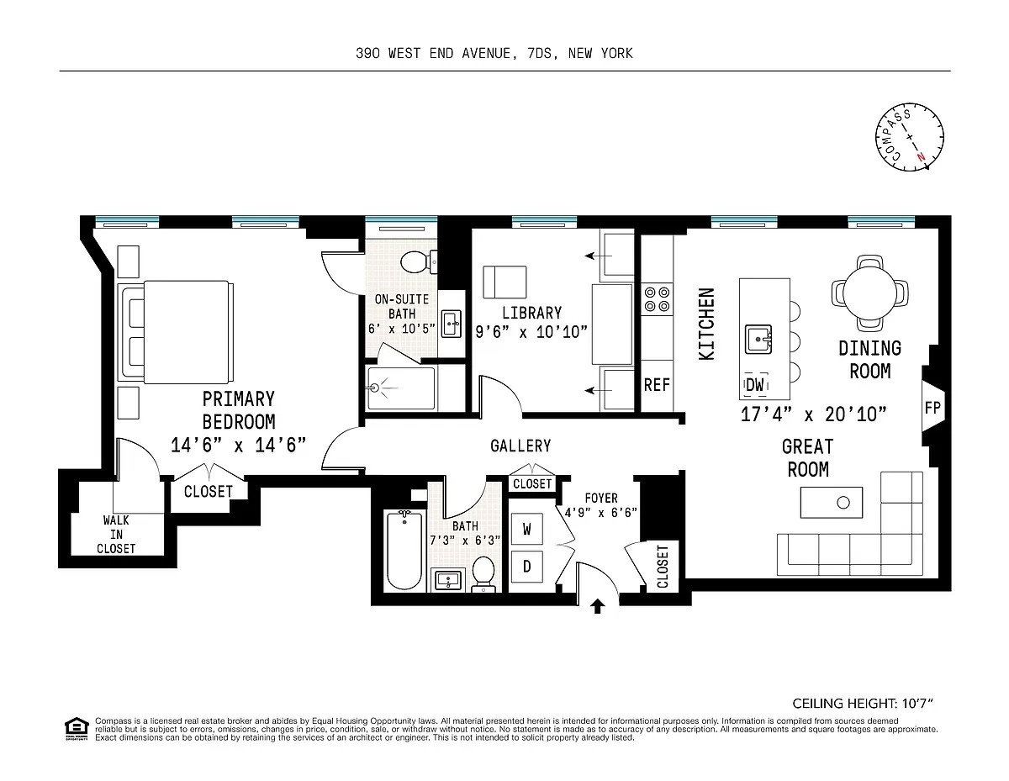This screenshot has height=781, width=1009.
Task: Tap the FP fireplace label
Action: point(932,408)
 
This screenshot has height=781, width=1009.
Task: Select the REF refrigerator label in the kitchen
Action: point(657,385)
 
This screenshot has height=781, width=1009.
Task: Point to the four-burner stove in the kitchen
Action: point(657,299)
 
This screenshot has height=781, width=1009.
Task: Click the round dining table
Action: point(869,293)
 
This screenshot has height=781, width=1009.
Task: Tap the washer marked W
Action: point(526,529)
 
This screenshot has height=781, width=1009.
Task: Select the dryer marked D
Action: point(526,567)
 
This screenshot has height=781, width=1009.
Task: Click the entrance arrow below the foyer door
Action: point(598,606)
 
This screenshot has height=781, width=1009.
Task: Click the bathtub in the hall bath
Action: point(405,550)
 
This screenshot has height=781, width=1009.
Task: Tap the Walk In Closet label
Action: point(116,535)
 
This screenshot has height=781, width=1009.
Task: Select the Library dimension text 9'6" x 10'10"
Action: point(531,332)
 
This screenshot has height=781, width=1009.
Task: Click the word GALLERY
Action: point(520,446)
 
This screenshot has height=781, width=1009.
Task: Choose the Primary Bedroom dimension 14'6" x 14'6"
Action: point(239,445)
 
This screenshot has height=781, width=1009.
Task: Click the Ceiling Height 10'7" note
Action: point(863,704)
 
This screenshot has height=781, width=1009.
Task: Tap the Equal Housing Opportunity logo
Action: point(77,730)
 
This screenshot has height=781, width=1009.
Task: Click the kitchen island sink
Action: point(758,340)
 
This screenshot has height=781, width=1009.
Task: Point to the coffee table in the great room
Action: point(831,503)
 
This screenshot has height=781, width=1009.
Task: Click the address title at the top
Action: point(494,53)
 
